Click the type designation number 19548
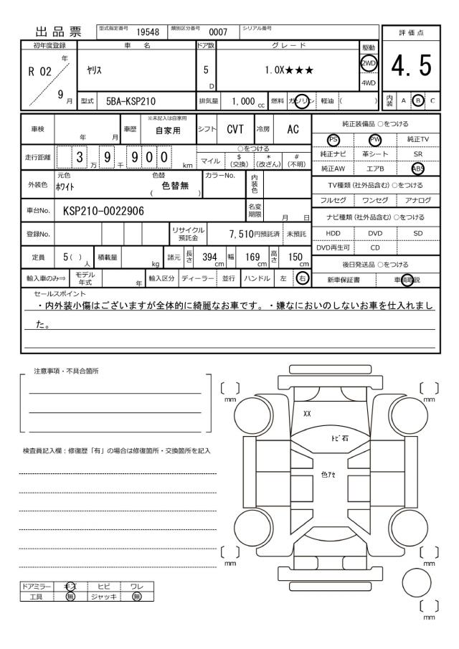[147, 31]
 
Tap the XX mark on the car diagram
[307, 414]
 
